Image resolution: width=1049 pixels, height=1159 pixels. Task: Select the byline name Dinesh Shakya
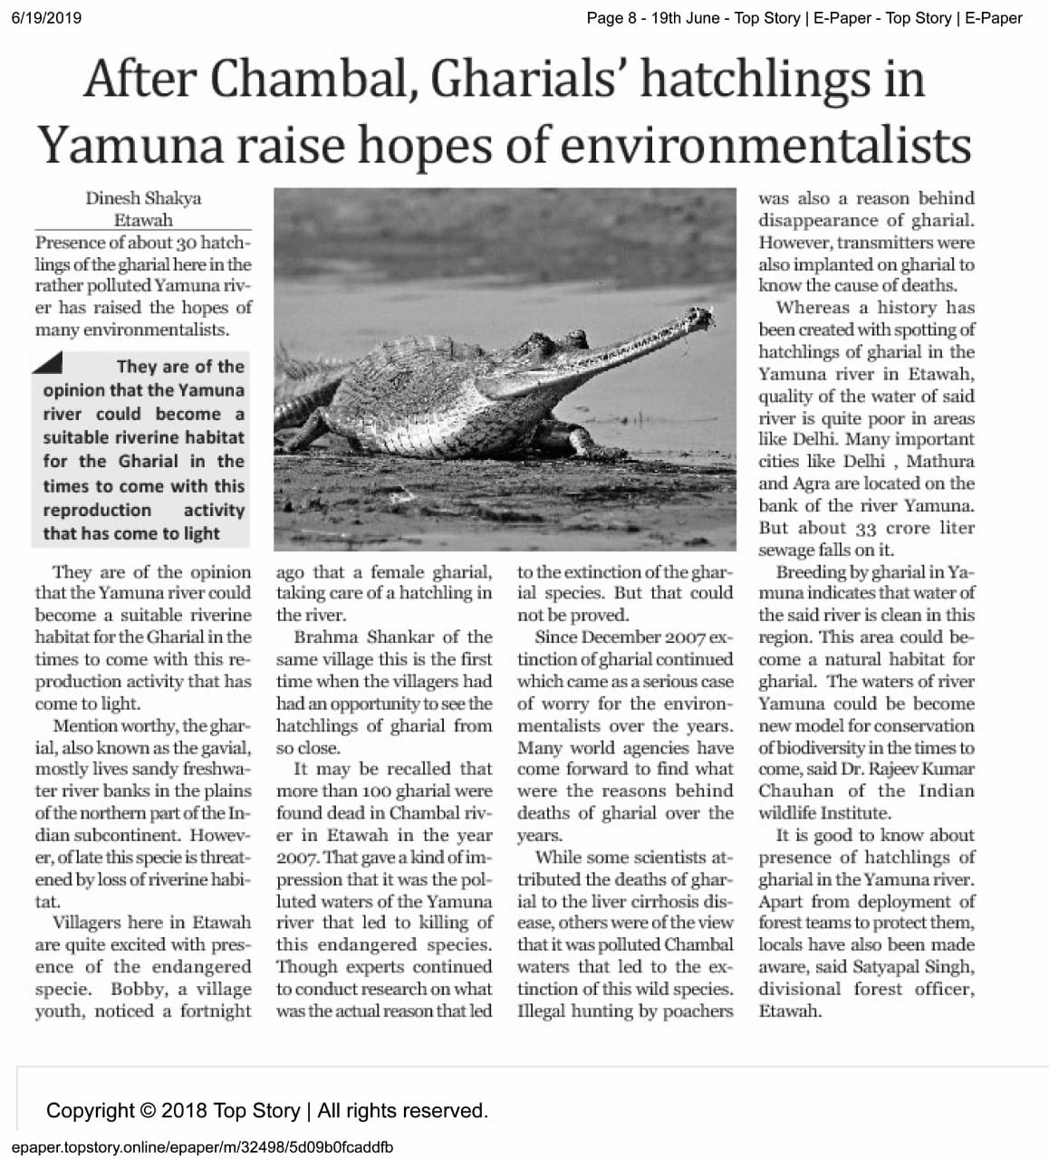143,197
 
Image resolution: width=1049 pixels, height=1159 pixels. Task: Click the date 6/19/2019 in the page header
46,17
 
